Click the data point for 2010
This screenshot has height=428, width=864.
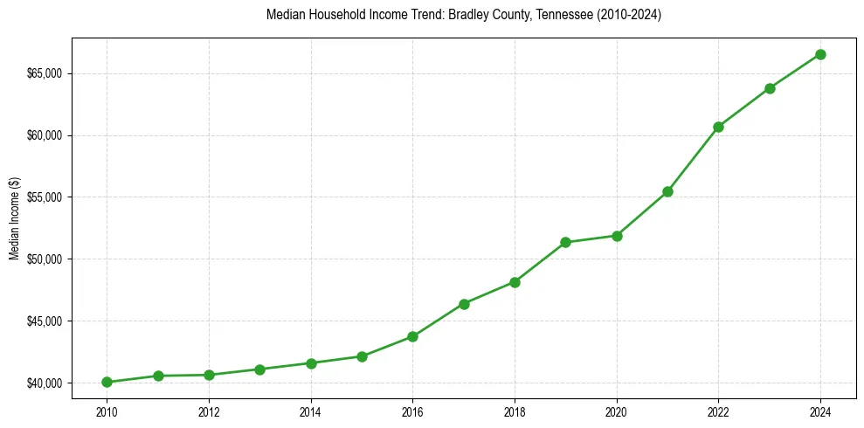(x=107, y=382)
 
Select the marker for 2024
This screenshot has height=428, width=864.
(x=820, y=54)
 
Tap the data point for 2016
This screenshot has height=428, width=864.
(x=412, y=336)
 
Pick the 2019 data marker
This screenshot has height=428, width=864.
(x=565, y=242)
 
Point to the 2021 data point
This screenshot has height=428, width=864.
(x=667, y=191)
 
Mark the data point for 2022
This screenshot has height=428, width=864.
(x=718, y=127)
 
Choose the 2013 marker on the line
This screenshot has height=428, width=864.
(x=259, y=369)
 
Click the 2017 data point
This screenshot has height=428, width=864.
(x=464, y=304)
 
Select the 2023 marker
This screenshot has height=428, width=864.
(x=770, y=88)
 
